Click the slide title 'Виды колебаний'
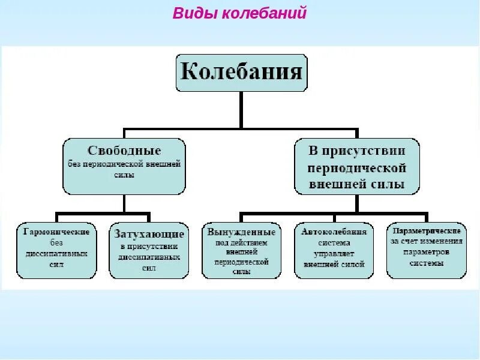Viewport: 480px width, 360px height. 239,13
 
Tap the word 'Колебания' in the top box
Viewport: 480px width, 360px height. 241,73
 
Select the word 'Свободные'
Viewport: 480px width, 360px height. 124,149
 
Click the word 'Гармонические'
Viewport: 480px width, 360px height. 56,232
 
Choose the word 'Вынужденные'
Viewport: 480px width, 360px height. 241,232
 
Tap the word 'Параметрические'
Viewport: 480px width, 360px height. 425,231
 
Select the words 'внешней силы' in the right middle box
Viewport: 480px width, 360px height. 357,184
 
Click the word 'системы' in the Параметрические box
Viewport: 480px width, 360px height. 425,263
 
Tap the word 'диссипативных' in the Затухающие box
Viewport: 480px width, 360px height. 149,257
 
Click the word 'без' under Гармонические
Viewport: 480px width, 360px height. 56,242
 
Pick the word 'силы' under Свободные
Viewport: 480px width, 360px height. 124,175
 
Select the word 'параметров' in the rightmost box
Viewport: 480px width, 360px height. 425,252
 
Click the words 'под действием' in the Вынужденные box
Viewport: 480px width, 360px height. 241,242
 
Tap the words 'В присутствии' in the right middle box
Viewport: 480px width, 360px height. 358,150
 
